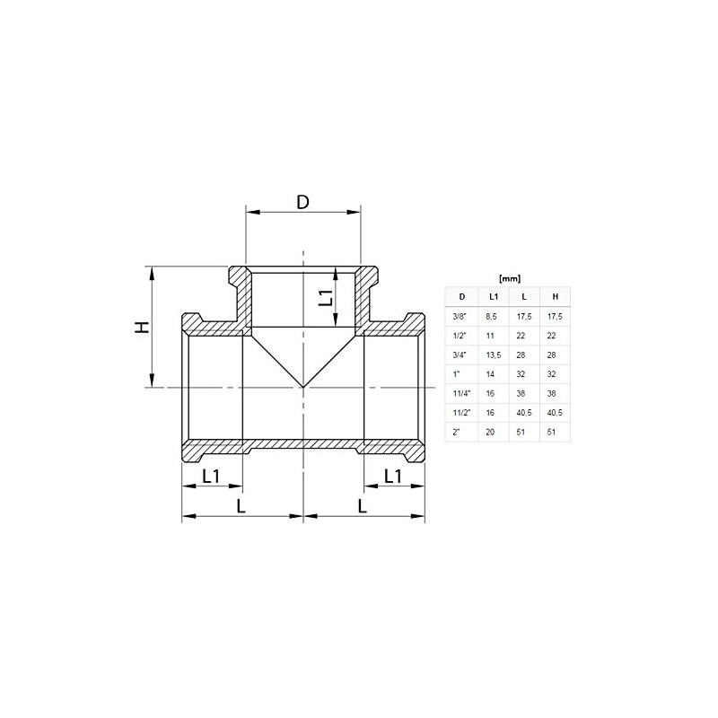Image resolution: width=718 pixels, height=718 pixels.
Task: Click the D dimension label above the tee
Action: click(x=302, y=202)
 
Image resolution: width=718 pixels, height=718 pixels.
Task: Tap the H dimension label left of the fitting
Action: click(x=141, y=328)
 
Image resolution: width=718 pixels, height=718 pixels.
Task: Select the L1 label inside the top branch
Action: click(x=328, y=297)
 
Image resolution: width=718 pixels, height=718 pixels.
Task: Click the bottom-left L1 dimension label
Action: click(x=212, y=477)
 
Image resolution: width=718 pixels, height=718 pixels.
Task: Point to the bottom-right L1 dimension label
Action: click(x=392, y=477)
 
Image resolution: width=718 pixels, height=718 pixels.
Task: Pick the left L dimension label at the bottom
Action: click(x=241, y=506)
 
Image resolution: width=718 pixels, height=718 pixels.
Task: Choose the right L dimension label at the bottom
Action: click(x=362, y=506)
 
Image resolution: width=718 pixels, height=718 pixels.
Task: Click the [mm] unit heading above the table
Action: click(x=509, y=277)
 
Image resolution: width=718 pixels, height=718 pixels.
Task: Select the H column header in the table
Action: click(x=555, y=296)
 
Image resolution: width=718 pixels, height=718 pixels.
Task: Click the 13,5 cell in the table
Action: click(x=494, y=354)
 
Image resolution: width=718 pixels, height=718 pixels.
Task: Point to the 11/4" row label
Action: click(x=462, y=392)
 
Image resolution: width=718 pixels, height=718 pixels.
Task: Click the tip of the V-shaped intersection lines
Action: click(x=303, y=388)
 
